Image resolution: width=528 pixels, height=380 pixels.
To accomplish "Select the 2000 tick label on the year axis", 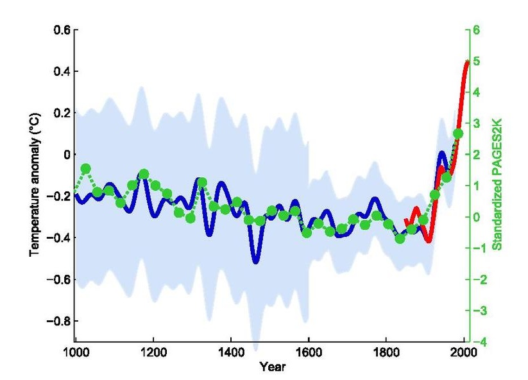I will click(464, 352).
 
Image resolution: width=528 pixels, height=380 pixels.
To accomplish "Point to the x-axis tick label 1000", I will click(75, 352).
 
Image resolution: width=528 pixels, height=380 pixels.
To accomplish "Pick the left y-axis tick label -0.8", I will click(59, 320).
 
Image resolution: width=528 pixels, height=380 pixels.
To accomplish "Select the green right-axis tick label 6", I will click(477, 30).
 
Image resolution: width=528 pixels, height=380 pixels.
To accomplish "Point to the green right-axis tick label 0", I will click(477, 217).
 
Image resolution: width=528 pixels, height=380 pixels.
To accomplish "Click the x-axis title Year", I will click(269, 367).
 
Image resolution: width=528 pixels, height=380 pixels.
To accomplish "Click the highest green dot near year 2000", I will click(458, 134).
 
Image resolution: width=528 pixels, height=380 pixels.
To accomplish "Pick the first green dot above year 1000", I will click(86, 168).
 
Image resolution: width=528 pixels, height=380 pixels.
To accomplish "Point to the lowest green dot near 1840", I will click(400, 239).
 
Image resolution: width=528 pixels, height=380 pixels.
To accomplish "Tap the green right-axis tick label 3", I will click(477, 123).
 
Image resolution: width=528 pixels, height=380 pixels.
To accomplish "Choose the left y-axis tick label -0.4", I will click(59, 237).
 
